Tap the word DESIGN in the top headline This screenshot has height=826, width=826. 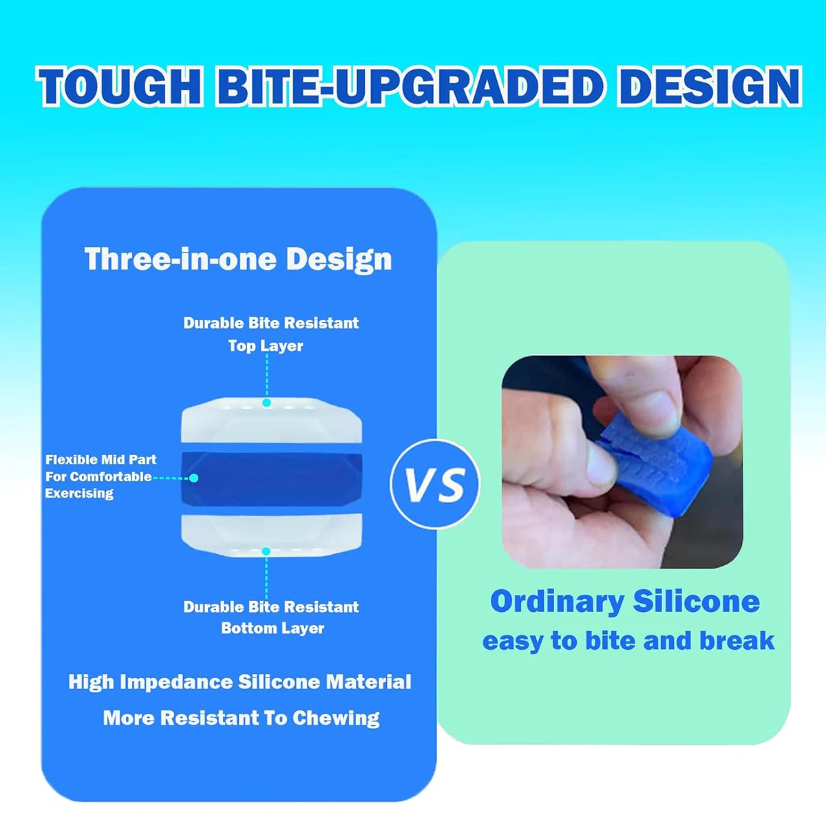coord(710,87)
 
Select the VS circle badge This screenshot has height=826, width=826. coord(435,484)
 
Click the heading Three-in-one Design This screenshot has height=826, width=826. coord(238,259)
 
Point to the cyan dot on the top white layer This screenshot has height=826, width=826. coord(266,403)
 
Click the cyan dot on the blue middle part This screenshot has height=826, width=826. coord(193,478)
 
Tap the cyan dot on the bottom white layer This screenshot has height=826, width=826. coord(266,551)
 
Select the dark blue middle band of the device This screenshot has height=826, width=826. coord(272,478)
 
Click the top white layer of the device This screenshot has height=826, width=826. coord(272,420)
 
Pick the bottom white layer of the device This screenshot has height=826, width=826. coord(272,535)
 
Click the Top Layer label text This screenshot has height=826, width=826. coord(266,346)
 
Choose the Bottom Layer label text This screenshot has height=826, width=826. coord(273,629)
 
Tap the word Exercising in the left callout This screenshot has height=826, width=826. coord(79,494)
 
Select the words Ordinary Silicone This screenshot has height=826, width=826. coord(626,602)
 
